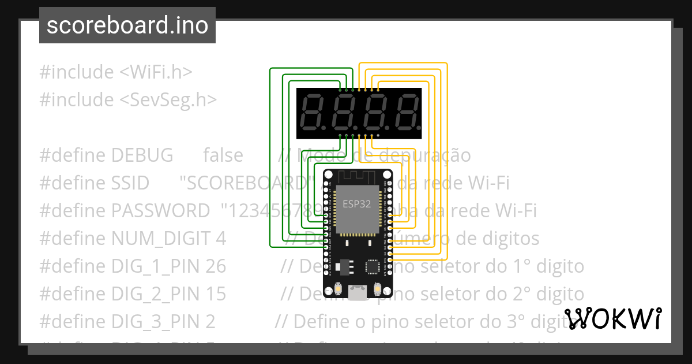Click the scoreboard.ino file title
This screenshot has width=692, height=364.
coord(127,25)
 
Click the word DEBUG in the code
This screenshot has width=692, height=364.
coord(142,155)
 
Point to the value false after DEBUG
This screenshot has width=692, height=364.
coord(223,155)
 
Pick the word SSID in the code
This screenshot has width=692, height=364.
coord(130,183)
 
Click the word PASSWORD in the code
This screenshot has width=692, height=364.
coord(160,211)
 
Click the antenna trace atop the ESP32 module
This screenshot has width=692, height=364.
coord(358,176)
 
